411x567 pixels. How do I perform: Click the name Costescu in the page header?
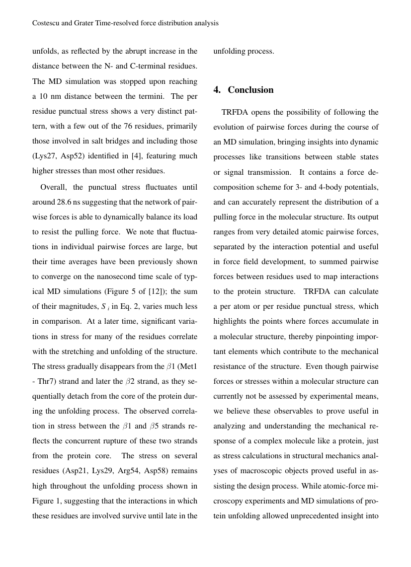(x=47, y=23)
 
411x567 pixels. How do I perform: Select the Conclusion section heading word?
(x=250, y=90)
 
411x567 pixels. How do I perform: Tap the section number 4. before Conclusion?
(x=217, y=90)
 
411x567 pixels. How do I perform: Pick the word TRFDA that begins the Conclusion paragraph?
(x=235, y=112)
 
